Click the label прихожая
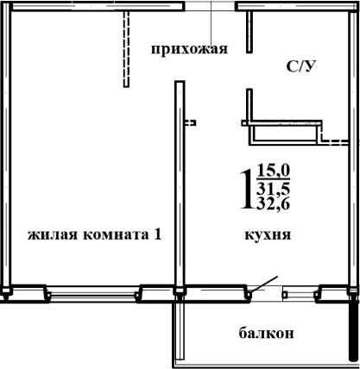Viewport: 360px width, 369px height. (x=188, y=49)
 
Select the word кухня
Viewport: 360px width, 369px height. (x=267, y=234)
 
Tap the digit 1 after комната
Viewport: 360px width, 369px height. (x=158, y=235)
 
